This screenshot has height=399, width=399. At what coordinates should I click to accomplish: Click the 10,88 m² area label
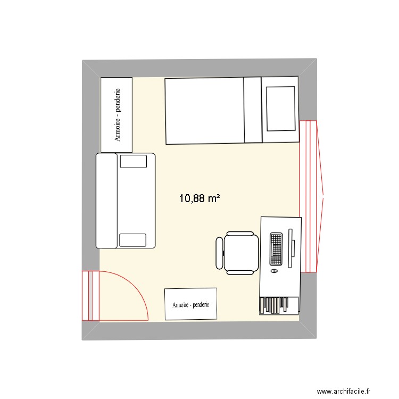click(x=199, y=199)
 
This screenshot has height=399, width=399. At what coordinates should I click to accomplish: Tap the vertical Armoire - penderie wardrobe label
click(x=117, y=115)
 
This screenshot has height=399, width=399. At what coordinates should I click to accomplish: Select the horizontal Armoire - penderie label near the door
click(x=190, y=305)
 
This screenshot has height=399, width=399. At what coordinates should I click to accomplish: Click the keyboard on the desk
click(x=276, y=249)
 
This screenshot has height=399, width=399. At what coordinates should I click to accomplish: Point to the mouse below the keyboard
click(x=274, y=271)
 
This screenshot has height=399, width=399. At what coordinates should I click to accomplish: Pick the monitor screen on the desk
click(x=290, y=248)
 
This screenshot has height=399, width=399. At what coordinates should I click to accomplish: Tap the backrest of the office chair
click(x=219, y=253)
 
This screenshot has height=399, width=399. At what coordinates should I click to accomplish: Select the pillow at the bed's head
click(x=280, y=109)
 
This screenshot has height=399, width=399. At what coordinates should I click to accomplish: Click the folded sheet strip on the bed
click(x=252, y=111)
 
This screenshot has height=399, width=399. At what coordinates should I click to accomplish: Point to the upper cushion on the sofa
click(x=132, y=161)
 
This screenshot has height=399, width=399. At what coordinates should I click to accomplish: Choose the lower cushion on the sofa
click(x=132, y=240)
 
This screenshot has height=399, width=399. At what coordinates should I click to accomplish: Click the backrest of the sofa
click(x=106, y=201)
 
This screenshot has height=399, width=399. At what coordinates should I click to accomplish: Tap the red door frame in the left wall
click(x=90, y=296)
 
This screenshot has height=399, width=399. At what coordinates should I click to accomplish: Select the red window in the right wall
click(x=308, y=196)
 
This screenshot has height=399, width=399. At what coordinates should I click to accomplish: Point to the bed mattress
click(x=204, y=111)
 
